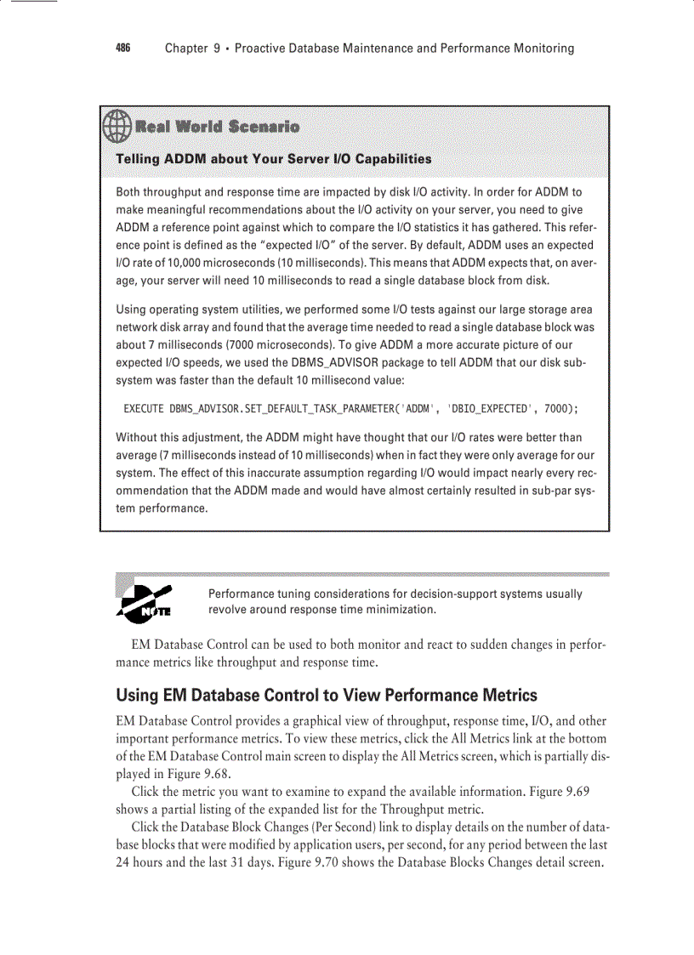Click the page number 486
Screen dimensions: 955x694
click(123, 48)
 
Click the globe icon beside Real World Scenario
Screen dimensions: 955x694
click(117, 128)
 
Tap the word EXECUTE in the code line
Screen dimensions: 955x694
click(144, 409)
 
